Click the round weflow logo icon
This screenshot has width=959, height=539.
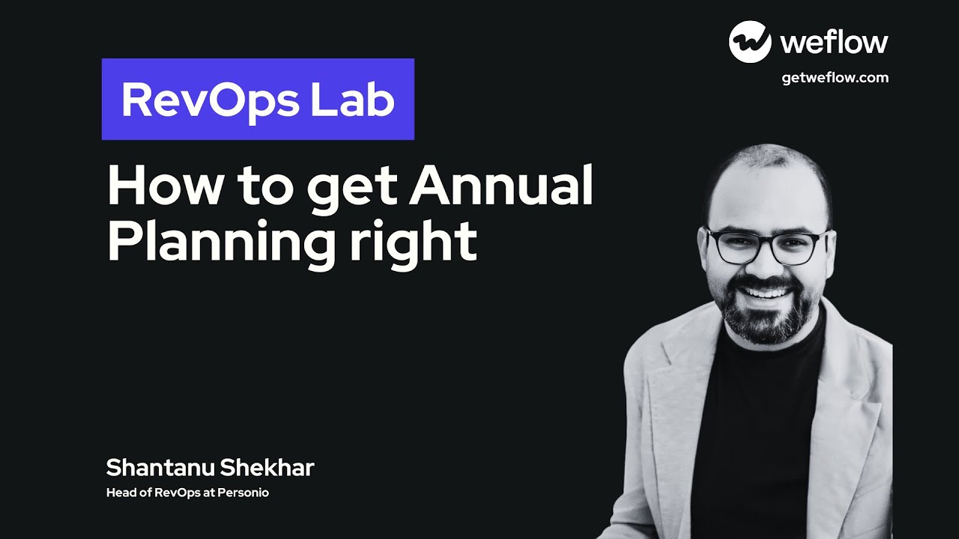750,42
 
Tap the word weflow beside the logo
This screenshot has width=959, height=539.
834,43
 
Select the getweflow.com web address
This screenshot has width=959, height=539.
835,77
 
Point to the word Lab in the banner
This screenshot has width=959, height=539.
354,100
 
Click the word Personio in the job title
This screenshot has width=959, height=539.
243,493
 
